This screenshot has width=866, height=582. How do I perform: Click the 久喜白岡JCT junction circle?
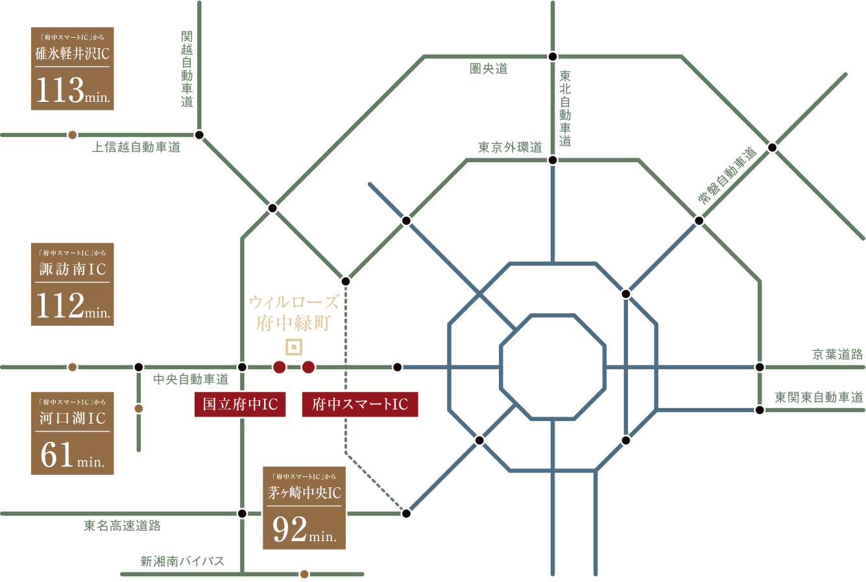click(553, 56)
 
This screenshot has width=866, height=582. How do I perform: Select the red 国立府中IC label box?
click(240, 404)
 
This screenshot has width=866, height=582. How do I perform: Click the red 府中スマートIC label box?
click(360, 404)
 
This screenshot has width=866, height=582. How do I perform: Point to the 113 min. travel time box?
click(73, 69)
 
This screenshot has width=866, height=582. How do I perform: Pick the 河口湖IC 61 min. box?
click(73, 433)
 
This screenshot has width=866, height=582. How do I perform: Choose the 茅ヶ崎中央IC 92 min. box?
click(304, 507)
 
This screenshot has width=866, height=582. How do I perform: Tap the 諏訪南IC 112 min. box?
click(73, 284)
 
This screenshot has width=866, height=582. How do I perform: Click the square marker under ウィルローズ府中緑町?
click(295, 347)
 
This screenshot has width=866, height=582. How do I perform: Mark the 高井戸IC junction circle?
click(398, 367)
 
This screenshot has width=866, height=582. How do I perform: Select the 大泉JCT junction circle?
click(346, 282)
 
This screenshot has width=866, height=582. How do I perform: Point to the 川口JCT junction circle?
click(553, 160)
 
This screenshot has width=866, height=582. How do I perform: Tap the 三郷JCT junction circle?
click(699, 221)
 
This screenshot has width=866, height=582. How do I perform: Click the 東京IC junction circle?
click(406, 514)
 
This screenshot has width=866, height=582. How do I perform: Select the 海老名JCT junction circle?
click(242, 514)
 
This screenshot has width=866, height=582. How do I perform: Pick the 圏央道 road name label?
click(488, 69)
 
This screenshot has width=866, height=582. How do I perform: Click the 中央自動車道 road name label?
click(191, 380)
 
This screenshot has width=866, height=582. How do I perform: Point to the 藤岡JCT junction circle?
click(199, 134)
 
